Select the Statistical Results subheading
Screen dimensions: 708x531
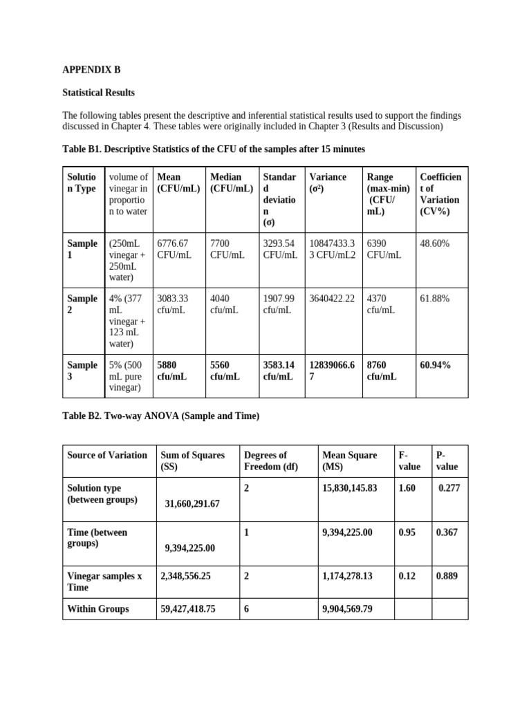click(98, 93)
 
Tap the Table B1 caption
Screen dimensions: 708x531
click(214, 149)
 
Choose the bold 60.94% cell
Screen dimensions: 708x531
click(436, 365)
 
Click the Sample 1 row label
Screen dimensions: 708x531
click(82, 249)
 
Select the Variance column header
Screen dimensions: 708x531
click(328, 178)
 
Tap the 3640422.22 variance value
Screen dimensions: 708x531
click(332, 299)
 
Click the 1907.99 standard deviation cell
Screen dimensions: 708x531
click(279, 304)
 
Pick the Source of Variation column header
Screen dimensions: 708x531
click(107, 455)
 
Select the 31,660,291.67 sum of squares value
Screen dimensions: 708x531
click(192, 504)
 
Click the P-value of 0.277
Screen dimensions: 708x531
click(449, 488)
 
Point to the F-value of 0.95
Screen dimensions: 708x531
click(407, 532)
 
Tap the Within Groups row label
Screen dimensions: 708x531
click(97, 609)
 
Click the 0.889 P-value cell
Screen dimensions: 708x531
click(447, 575)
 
